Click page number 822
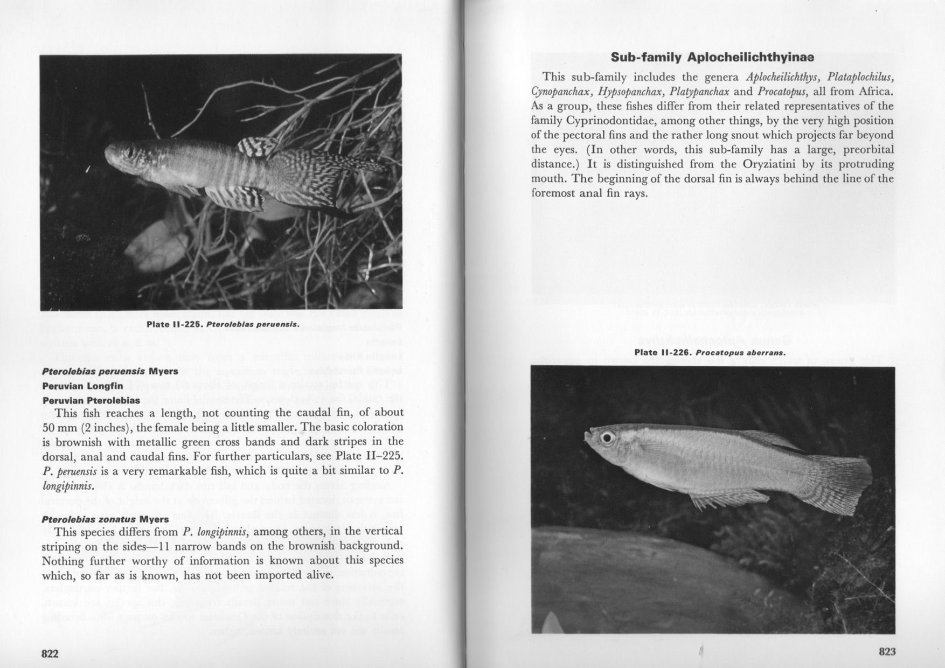(x=50, y=653)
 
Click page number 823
(x=887, y=652)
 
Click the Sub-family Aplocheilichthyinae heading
(x=712, y=57)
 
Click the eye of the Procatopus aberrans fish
(x=607, y=437)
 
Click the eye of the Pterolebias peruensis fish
(x=129, y=152)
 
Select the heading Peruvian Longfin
(x=82, y=386)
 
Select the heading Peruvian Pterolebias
(x=91, y=400)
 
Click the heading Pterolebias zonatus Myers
(x=105, y=519)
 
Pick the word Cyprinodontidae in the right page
(x=607, y=121)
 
